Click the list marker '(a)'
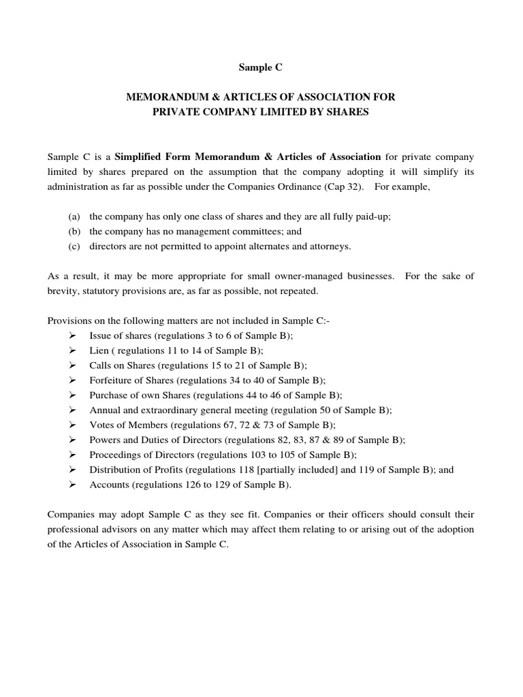[x=74, y=216]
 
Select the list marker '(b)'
[x=74, y=231]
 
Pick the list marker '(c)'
[x=74, y=246]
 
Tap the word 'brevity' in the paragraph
[x=62, y=291]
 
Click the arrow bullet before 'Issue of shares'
[x=72, y=336]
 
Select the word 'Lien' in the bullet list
[x=98, y=351]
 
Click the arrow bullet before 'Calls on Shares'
[x=72, y=366]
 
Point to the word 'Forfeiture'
[x=110, y=380]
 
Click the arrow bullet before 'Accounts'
[x=72, y=485]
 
